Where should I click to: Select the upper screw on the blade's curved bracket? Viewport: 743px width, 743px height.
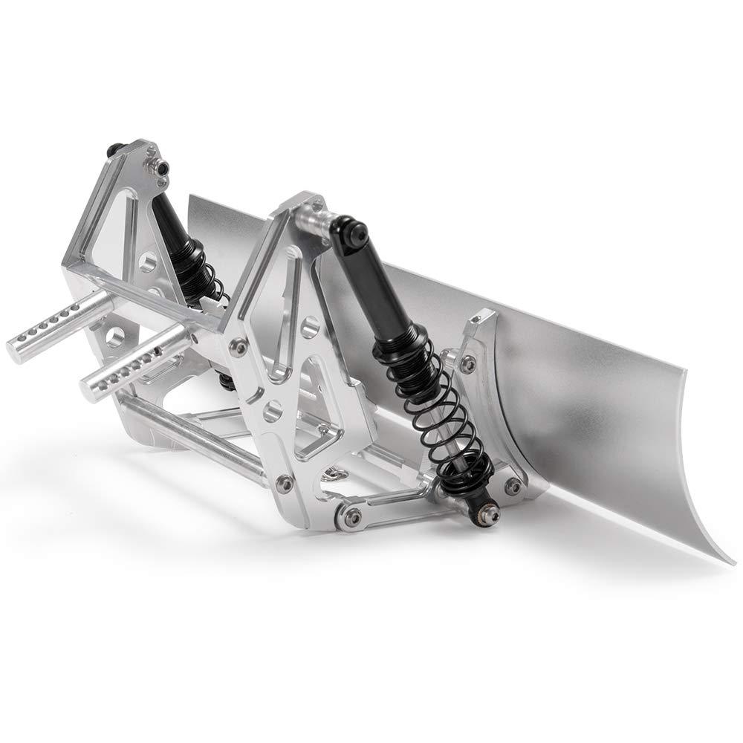468,363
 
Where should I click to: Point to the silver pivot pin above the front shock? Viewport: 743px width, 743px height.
316,220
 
